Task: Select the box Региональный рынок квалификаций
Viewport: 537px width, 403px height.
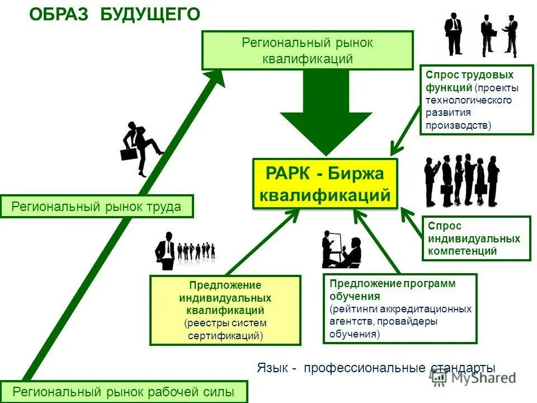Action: pyautogui.click(x=307, y=50)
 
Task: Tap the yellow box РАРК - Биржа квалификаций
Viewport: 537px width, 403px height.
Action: pyautogui.click(x=325, y=184)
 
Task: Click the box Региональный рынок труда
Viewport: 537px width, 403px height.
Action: pyautogui.click(x=97, y=207)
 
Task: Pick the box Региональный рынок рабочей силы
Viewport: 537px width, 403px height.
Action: pyautogui.click(x=123, y=392)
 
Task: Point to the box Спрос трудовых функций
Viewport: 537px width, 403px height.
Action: pyautogui.click(x=477, y=100)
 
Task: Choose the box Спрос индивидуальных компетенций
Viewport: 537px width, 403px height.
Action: pyautogui.click(x=476, y=238)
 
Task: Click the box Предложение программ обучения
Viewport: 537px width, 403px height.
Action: pyautogui.click(x=400, y=308)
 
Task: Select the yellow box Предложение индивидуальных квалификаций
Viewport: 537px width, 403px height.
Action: pyautogui.click(x=225, y=310)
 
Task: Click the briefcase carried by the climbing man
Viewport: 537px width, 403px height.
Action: pyautogui.click(x=129, y=153)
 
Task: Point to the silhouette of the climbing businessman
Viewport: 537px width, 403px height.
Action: pyautogui.click(x=143, y=147)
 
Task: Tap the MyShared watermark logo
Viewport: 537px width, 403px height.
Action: pyautogui.click(x=473, y=378)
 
